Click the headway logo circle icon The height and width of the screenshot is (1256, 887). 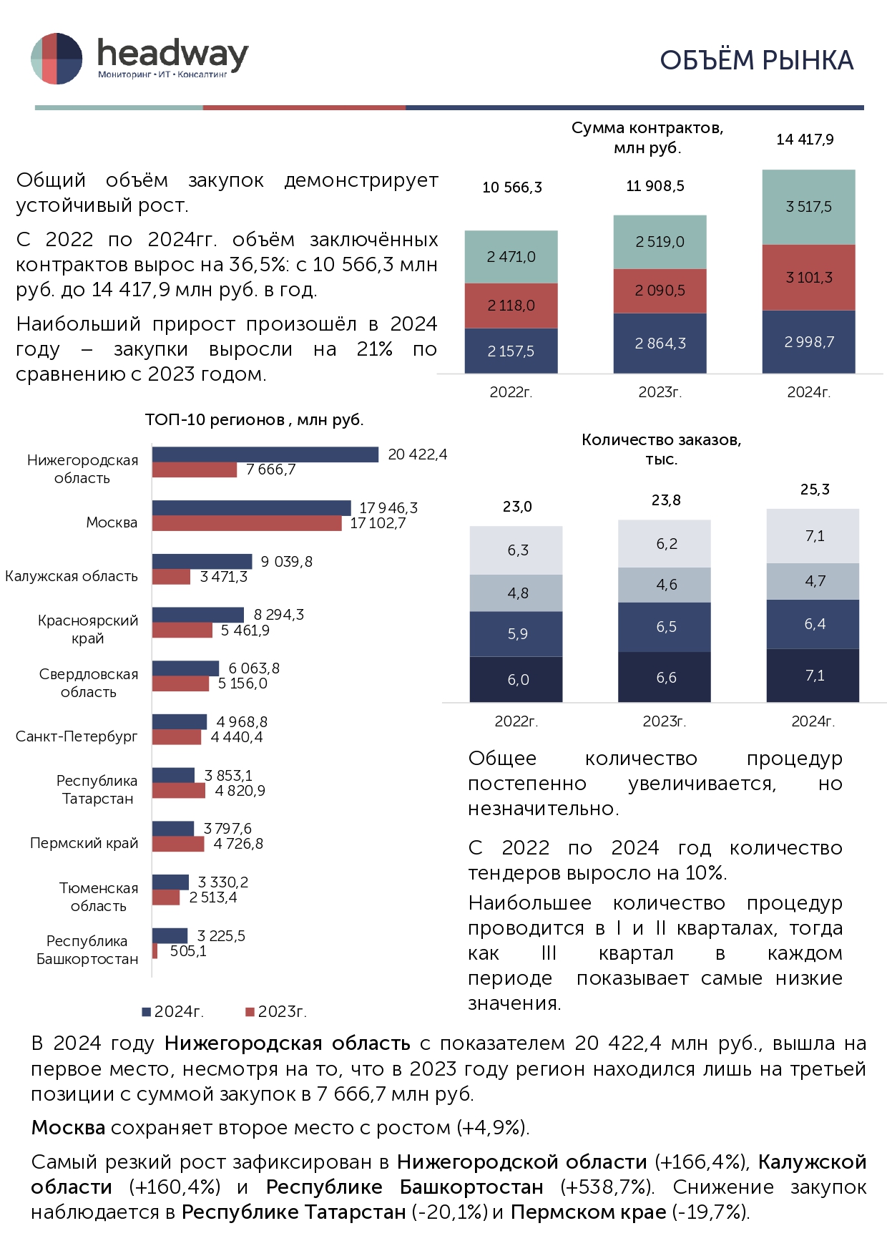[57, 59]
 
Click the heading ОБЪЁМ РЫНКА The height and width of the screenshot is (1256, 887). [756, 61]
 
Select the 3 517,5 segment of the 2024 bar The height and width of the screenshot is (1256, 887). [808, 208]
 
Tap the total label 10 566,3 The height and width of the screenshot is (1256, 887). [512, 188]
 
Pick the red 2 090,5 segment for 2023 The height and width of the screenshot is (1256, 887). [660, 291]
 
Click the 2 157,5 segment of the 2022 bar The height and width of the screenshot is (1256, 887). [511, 351]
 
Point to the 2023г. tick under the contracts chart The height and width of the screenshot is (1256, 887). [660, 392]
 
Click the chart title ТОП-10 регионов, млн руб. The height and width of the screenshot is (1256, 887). [254, 420]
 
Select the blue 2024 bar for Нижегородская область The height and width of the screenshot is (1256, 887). [265, 454]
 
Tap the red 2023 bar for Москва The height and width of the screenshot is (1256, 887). [247, 524]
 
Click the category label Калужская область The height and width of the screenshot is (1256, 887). [72, 576]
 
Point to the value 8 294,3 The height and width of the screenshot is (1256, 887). [278, 615]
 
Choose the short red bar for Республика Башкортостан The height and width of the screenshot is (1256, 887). [155, 951]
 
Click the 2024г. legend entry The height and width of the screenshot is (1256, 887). [173, 1011]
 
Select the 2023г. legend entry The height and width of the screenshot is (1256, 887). [276, 1011]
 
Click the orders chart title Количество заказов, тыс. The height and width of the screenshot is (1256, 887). [661, 449]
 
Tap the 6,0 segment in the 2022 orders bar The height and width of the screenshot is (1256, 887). [517, 679]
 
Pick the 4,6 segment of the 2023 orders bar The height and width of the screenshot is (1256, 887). [665, 585]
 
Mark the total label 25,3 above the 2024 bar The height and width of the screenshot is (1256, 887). [815, 490]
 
